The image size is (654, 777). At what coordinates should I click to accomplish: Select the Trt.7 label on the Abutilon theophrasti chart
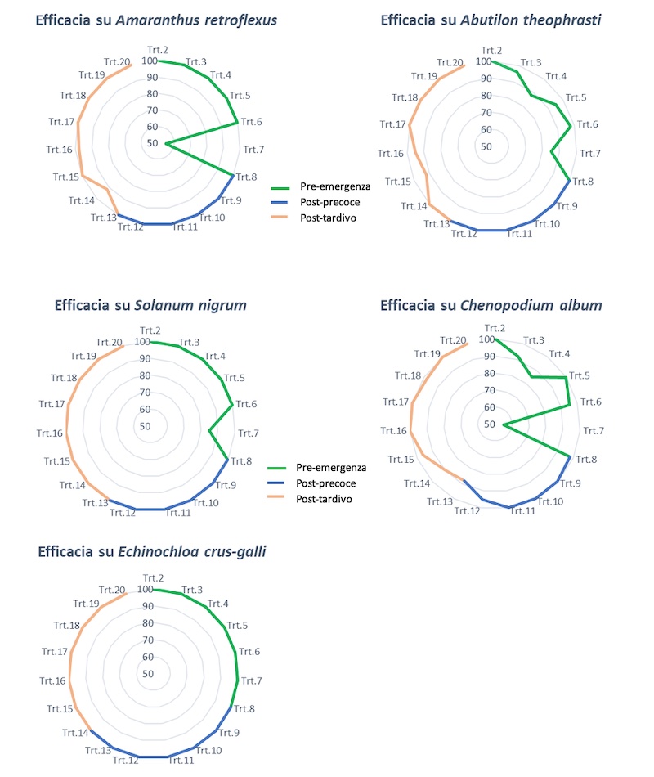click(x=590, y=153)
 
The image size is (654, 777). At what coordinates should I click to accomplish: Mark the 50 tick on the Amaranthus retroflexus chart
click(x=152, y=144)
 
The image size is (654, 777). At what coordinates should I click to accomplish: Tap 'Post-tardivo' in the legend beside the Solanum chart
click(x=325, y=499)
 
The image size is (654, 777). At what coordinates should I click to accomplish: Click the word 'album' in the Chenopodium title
click(x=581, y=306)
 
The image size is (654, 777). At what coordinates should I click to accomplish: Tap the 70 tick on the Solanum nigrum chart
click(x=144, y=392)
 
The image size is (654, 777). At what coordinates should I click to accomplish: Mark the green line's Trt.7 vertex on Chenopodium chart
click(x=503, y=425)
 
